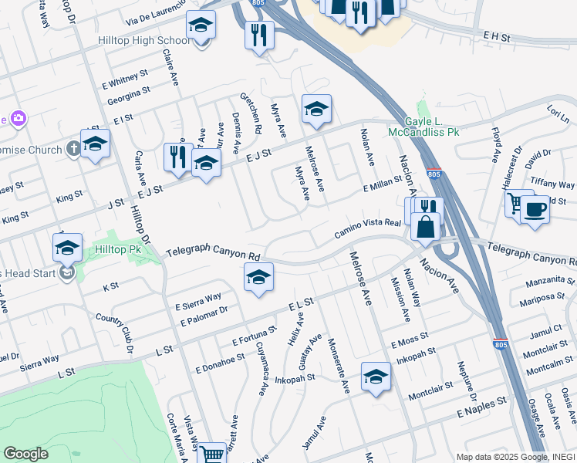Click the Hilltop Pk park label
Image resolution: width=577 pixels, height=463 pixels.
[118, 250]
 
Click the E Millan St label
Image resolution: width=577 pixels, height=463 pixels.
[383, 184]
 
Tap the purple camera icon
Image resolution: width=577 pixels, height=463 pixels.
[17, 118]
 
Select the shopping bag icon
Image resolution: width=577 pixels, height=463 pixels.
[426, 227]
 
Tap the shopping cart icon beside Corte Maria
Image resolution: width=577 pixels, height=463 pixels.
[211, 455]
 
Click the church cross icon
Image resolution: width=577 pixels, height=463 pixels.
[73, 148]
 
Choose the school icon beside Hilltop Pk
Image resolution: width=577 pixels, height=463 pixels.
[67, 247]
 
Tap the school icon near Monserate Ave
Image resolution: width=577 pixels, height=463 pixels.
[376, 377]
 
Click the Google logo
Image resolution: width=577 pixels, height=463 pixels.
[25, 454]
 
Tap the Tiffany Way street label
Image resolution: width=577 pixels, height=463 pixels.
[553, 184]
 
